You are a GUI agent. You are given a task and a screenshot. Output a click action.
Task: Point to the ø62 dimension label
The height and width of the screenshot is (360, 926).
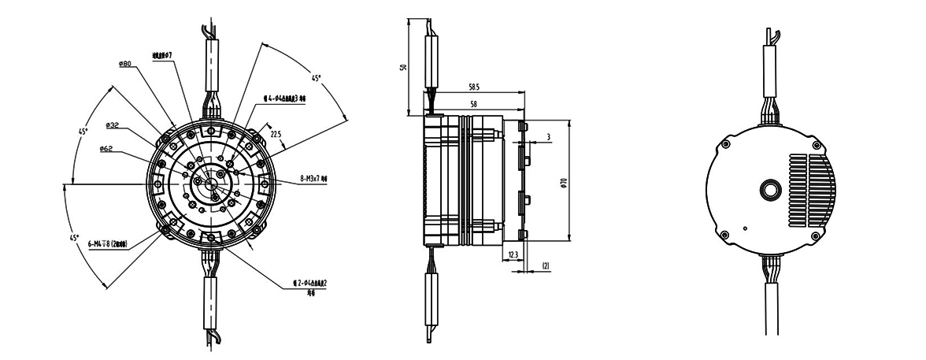[109, 149]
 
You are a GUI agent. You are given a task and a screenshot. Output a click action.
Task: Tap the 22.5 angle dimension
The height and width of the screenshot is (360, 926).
[276, 135]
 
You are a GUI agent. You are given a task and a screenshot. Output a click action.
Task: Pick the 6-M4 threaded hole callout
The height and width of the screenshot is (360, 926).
[113, 245]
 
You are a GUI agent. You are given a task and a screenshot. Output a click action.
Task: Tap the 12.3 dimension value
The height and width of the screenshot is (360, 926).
[514, 254]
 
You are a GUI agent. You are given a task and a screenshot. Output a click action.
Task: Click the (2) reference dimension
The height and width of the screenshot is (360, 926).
[545, 266]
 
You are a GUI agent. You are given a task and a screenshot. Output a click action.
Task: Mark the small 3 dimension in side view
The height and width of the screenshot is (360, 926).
[547, 136]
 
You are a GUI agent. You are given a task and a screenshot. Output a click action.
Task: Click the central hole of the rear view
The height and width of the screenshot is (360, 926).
[769, 189]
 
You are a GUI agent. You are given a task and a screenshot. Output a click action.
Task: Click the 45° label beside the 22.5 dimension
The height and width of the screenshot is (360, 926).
[316, 79]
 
